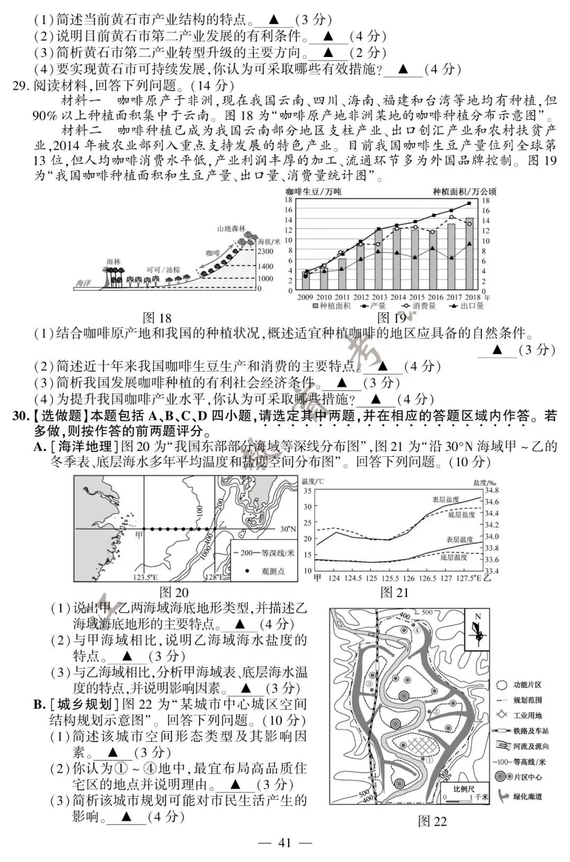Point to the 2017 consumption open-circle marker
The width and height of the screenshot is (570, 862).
click(x=452, y=217)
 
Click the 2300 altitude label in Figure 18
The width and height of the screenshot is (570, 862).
click(x=265, y=252)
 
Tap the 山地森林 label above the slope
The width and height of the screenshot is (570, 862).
click(x=232, y=228)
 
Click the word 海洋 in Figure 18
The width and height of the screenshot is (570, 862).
click(x=83, y=284)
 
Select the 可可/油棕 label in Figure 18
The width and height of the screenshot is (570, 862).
click(x=164, y=270)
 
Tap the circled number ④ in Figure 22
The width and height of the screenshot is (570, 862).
click(x=417, y=630)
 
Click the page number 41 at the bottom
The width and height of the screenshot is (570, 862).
click(x=284, y=842)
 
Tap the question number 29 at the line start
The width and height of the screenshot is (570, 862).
click(x=21, y=85)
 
